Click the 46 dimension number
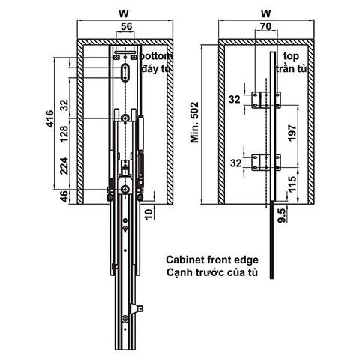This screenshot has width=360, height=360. pos(64,196)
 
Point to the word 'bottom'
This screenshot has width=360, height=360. pos(156,57)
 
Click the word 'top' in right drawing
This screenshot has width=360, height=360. pos(291,57)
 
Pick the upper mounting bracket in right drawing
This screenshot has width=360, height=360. pos(266,99)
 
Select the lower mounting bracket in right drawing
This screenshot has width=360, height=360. pos(266,160)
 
